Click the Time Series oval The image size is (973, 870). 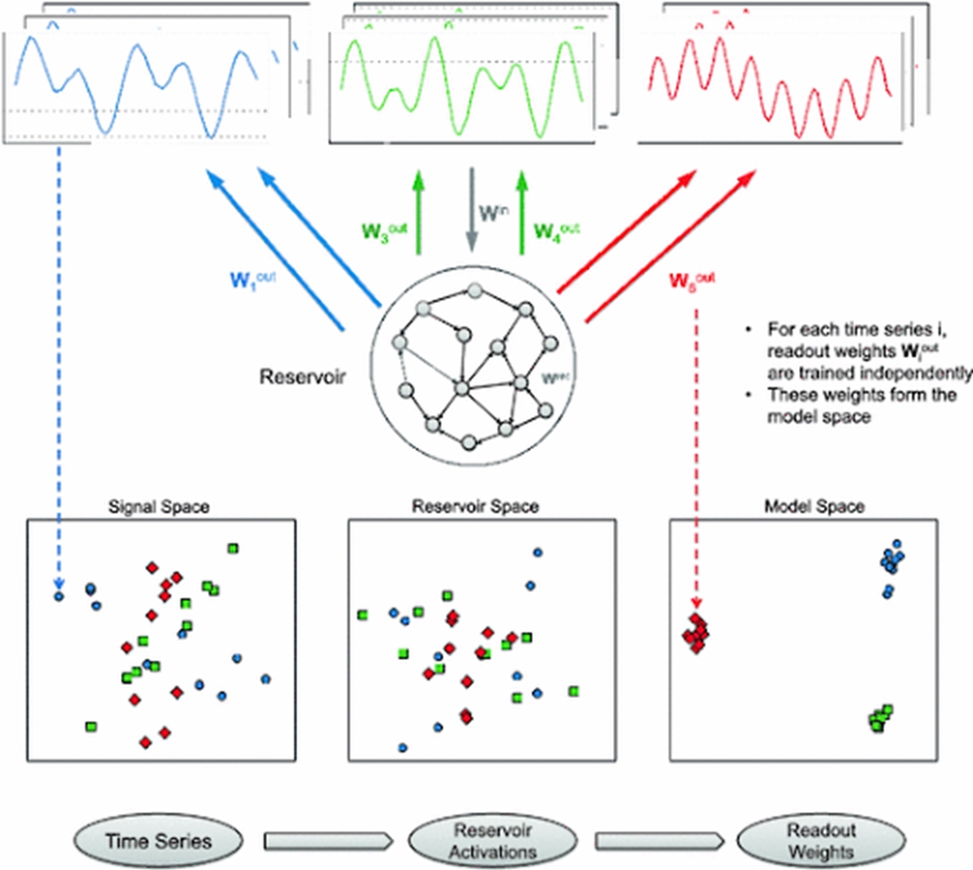(x=157, y=840)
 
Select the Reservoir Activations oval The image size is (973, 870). (x=491, y=840)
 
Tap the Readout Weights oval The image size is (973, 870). (x=820, y=840)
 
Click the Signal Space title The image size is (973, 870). (x=159, y=506)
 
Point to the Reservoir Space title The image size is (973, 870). (x=475, y=506)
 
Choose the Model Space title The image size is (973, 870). (x=814, y=506)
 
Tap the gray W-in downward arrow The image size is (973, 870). (x=469, y=214)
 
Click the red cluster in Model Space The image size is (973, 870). (x=698, y=634)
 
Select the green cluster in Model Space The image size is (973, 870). (x=880, y=718)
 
